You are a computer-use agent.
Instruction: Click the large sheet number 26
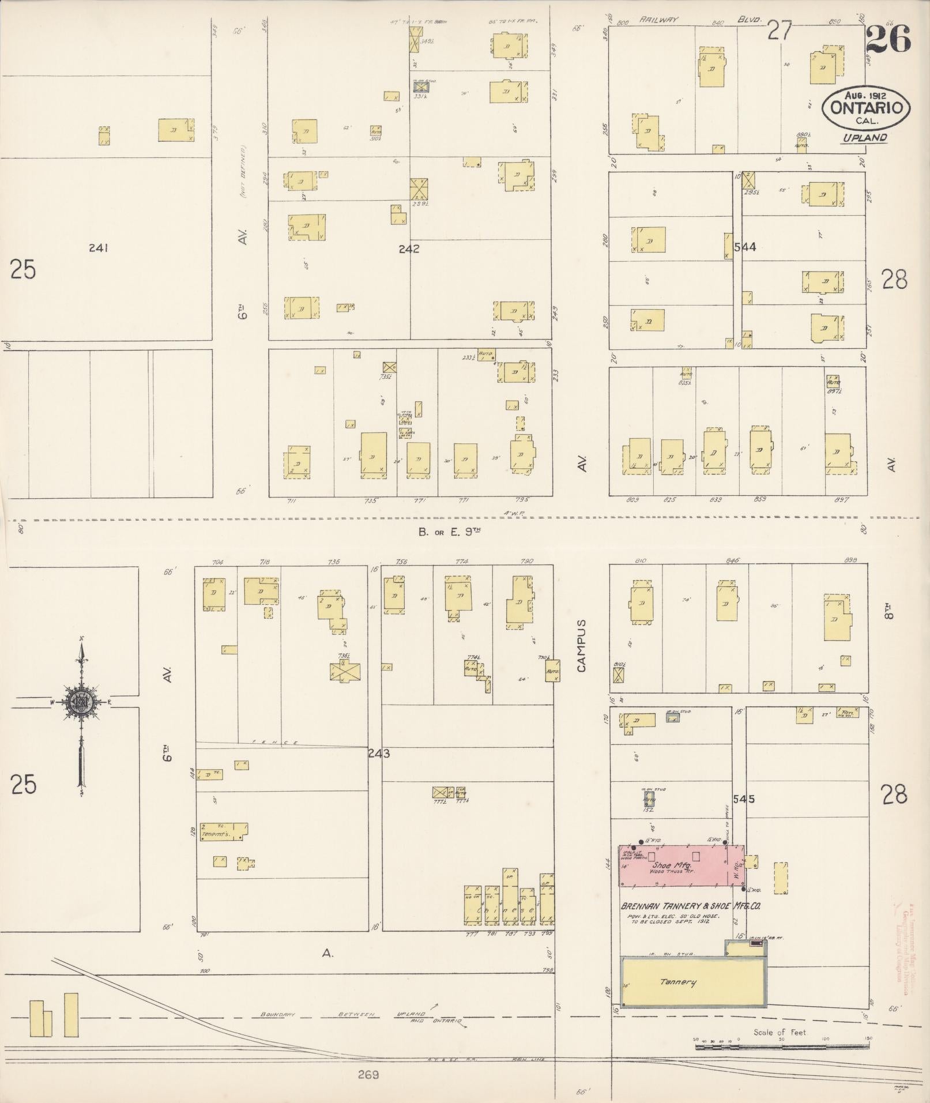coord(888,39)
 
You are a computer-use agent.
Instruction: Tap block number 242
coord(409,249)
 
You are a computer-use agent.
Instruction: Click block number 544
coord(745,247)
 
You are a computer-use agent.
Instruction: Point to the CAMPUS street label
coord(582,646)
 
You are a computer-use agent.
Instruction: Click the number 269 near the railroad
coord(367,1075)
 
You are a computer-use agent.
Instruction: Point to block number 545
coord(744,799)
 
